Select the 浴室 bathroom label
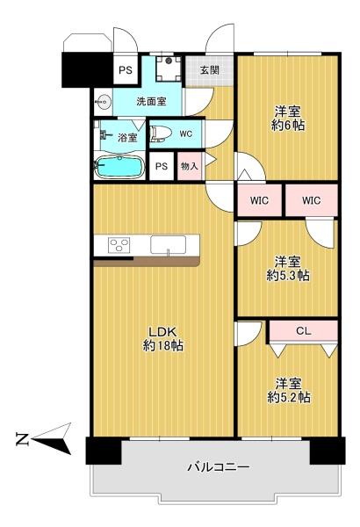click(x=127, y=137)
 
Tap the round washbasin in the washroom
click(x=103, y=100)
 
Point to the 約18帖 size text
click(x=162, y=345)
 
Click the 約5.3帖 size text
click(x=287, y=275)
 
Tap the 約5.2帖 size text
click(x=288, y=397)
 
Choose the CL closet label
click(x=303, y=331)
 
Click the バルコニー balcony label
click(x=219, y=467)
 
